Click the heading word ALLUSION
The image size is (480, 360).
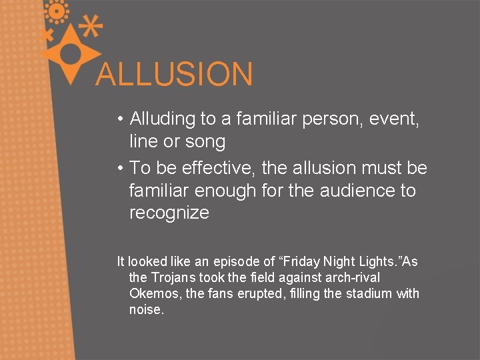(x=174, y=74)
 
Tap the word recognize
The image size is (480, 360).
(x=169, y=213)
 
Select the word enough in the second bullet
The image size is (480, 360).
(x=217, y=191)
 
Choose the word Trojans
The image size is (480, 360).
(x=174, y=277)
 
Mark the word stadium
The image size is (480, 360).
(x=371, y=293)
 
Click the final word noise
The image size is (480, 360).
(x=146, y=309)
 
